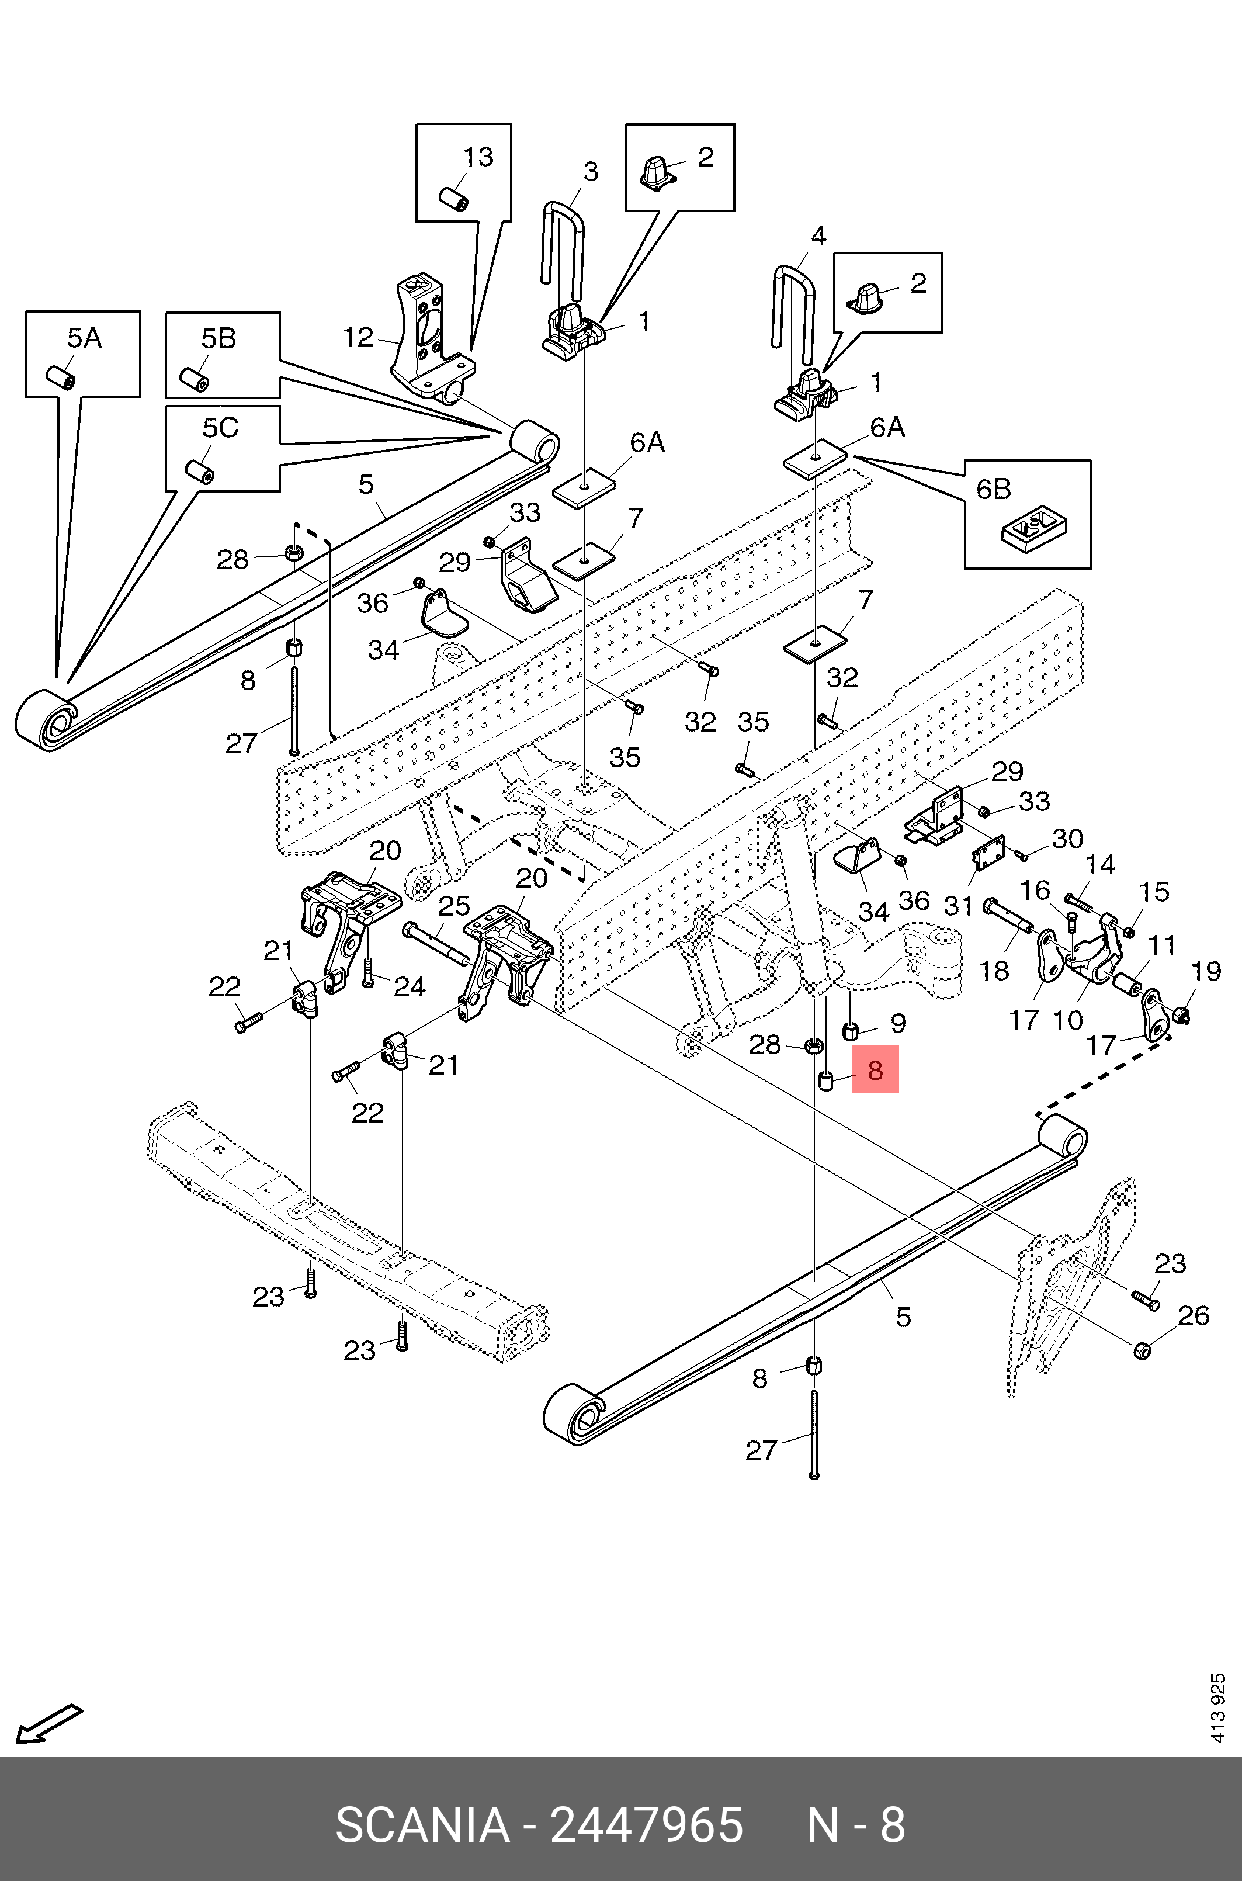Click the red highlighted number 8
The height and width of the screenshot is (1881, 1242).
click(875, 1071)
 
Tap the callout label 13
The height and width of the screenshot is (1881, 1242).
click(478, 157)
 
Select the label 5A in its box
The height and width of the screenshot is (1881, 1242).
click(84, 338)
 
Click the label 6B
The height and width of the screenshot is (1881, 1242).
click(993, 489)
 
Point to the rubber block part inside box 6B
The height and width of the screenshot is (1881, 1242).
click(1033, 529)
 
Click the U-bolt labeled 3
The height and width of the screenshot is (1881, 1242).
click(563, 238)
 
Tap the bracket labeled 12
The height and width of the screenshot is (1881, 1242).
click(423, 332)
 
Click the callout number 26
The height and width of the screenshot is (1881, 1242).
click(1193, 1315)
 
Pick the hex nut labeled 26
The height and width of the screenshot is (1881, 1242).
click(1142, 1349)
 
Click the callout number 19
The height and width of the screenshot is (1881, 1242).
click(1206, 971)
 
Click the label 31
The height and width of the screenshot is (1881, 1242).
click(959, 905)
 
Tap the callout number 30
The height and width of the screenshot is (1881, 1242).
click(1067, 839)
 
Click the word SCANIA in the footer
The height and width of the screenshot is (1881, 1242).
click(422, 1825)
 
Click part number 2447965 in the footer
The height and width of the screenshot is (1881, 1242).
click(646, 1825)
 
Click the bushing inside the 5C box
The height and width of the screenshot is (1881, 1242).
click(199, 470)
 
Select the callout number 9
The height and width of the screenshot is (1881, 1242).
click(897, 1023)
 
